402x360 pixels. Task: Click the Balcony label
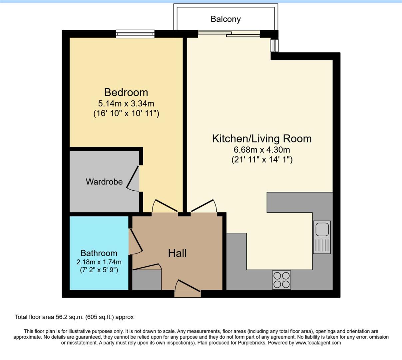[x=225, y=19]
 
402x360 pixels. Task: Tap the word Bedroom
[x=126, y=92]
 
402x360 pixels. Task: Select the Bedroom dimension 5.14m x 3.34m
[x=126, y=103]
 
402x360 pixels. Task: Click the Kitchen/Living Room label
[x=262, y=138]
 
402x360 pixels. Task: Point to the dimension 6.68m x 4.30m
[x=262, y=150]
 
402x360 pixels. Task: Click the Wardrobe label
[x=104, y=182]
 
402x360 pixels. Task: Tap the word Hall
[x=177, y=253]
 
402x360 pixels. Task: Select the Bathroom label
[x=99, y=253]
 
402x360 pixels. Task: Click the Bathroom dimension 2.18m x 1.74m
[x=99, y=262]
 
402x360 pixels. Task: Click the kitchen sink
[x=322, y=237]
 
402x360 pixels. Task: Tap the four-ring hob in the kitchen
[x=281, y=280]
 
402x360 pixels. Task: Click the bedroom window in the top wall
[x=135, y=34]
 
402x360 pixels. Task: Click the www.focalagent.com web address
[x=318, y=343]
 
